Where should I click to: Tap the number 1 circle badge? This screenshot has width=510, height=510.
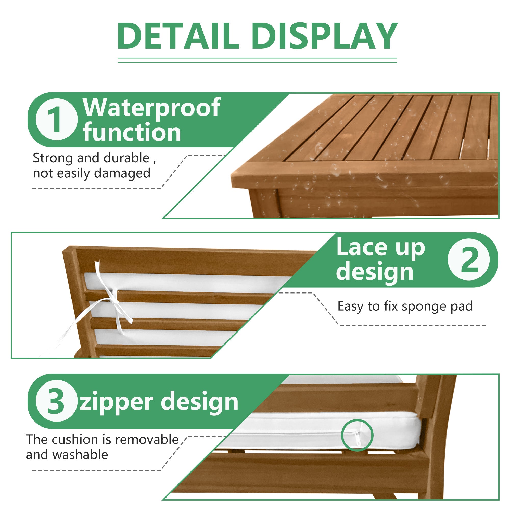coord(57,119)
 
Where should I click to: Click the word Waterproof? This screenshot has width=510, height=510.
coord(151,108)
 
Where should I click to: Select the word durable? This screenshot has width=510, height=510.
coord(126,158)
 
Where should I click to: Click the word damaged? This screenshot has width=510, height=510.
coord(122,174)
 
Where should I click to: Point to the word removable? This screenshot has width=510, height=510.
coord(147,440)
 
